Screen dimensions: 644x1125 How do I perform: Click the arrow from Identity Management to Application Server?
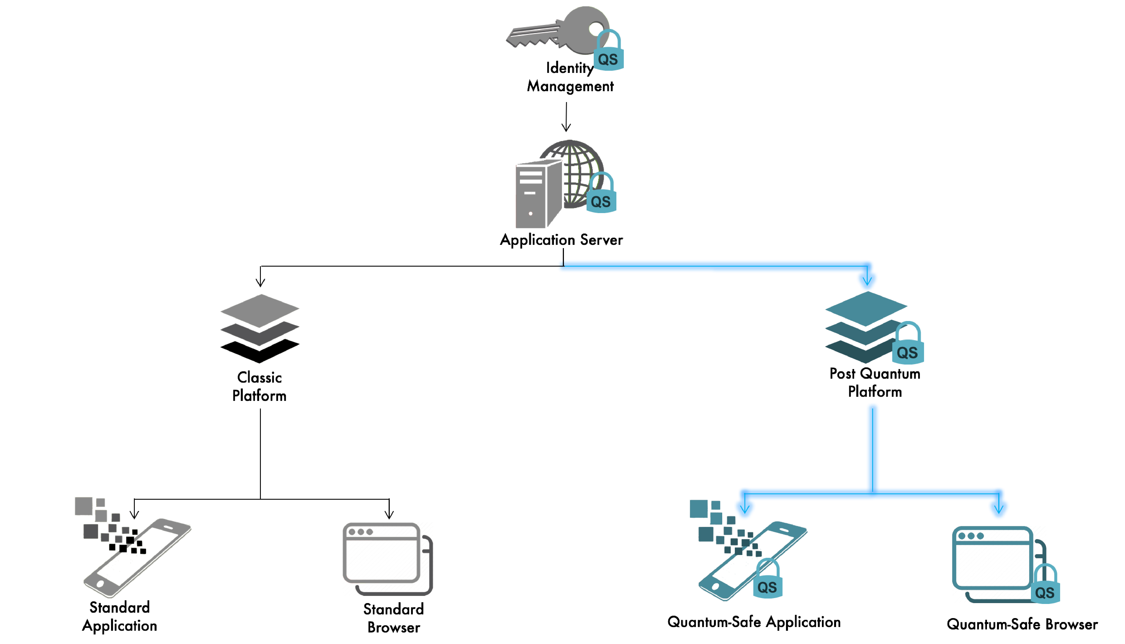[x=566, y=117]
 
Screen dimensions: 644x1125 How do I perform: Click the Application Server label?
[x=561, y=240]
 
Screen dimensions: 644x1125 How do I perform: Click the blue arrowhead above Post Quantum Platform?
[x=867, y=279]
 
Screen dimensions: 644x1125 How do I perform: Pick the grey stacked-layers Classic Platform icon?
[x=260, y=328]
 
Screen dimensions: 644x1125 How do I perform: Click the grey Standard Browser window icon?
[x=387, y=558]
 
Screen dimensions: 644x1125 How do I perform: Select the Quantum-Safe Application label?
[x=754, y=622]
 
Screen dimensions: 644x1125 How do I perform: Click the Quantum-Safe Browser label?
[x=1022, y=624]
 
